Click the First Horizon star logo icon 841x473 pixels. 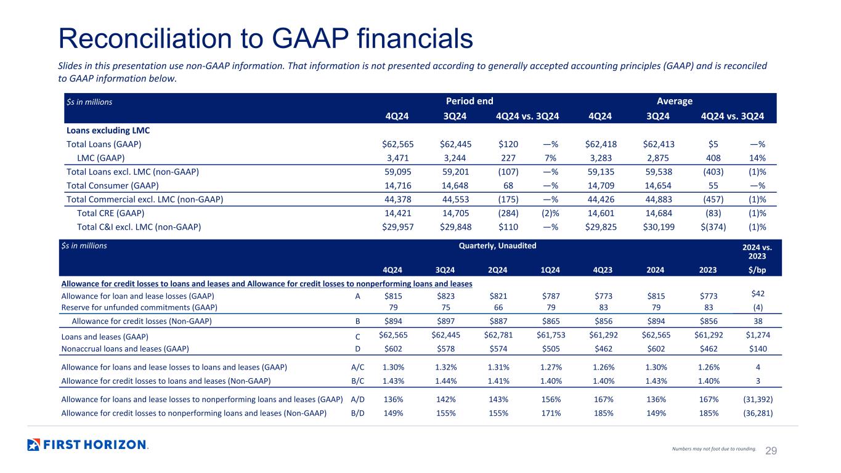coord(33,445)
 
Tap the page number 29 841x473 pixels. coord(771,451)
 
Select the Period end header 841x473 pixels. coord(469,101)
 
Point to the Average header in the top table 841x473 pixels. coord(674,101)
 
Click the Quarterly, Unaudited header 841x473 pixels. coord(497,246)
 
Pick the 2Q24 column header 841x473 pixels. coord(497,270)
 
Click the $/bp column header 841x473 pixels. coord(757,270)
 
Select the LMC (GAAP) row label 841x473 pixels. coord(100,158)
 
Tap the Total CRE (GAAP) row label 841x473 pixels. coord(110,213)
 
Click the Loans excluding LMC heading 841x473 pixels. coord(108,131)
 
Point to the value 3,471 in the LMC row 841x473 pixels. coord(397,158)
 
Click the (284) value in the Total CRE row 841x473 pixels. coord(508,213)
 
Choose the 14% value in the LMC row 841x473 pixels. coord(757,158)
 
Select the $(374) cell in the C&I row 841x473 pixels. coord(713,227)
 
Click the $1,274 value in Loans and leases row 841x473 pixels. coord(758,335)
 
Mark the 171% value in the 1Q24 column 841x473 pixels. coord(551,413)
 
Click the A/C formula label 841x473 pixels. coord(357,367)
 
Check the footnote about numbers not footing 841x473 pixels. coord(713,448)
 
